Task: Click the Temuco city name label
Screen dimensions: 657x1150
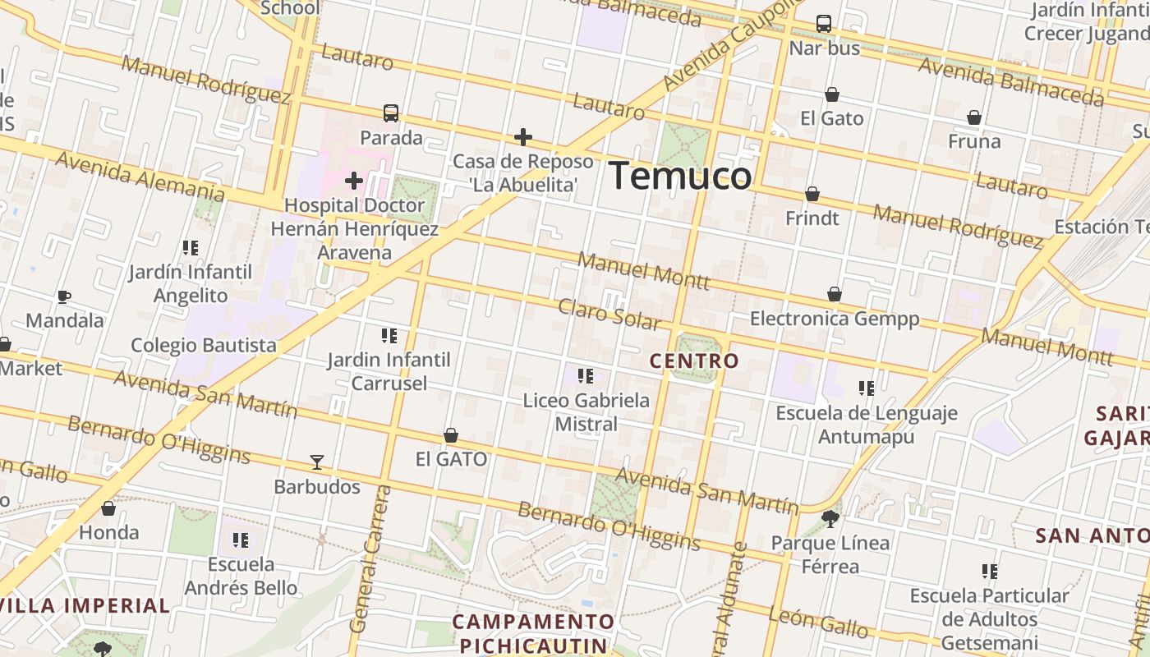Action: coord(680,176)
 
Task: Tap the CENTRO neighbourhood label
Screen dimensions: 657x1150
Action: coord(694,361)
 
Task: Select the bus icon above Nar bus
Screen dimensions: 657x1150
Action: coord(824,24)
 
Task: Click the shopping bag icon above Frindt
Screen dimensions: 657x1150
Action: coord(812,194)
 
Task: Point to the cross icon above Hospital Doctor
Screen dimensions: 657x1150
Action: coord(354,180)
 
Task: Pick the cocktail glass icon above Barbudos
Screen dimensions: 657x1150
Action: coord(317,462)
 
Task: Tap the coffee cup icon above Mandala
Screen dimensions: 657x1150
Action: coord(64,296)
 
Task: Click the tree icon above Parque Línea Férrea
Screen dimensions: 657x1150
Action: coord(830,518)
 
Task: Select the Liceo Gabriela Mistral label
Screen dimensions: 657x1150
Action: coord(586,412)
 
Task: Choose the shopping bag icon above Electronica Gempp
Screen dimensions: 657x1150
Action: coord(835,294)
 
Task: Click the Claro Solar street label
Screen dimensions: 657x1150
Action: coord(609,315)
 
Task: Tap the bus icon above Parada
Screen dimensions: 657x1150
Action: coord(391,113)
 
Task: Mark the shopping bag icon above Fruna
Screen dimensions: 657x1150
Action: coord(974,117)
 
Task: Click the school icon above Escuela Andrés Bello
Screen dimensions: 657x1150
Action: coord(241,540)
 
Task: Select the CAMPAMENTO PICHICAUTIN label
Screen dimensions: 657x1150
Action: coord(533,633)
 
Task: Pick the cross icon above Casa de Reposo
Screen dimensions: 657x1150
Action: coord(523,137)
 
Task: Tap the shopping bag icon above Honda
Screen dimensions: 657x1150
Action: coord(108,508)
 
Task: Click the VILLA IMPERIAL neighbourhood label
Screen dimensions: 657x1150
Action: coord(85,606)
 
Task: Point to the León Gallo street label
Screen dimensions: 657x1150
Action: coord(818,623)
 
